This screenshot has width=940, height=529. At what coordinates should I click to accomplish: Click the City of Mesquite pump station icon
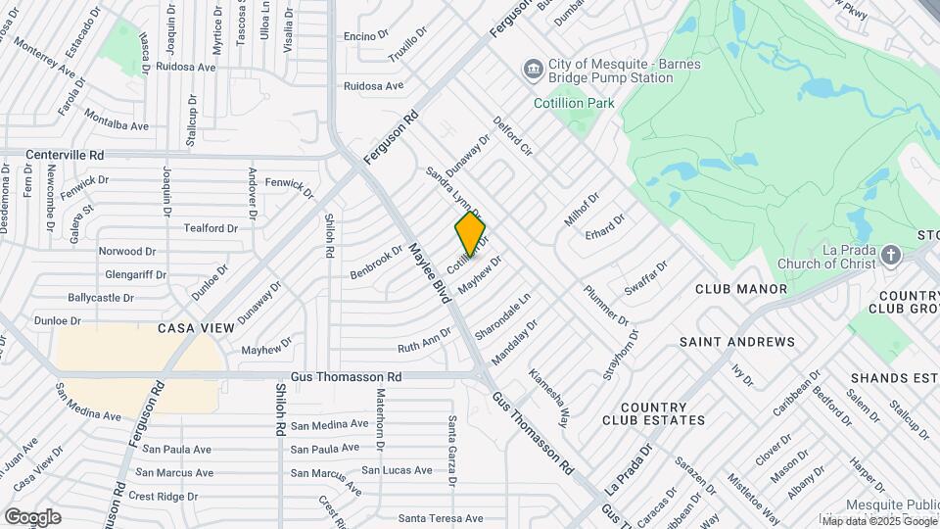pos(533,69)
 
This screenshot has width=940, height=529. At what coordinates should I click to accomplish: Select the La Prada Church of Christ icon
pos(890,256)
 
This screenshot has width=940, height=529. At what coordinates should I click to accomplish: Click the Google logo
pos(32,516)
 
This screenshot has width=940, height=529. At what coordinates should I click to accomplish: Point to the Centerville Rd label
pos(65,155)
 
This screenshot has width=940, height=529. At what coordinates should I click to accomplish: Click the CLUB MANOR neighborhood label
pos(741,289)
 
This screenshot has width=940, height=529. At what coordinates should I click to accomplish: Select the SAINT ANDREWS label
pos(737,342)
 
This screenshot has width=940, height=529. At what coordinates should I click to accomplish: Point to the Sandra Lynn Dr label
pos(452,193)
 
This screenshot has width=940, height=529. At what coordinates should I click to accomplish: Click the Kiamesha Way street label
pos(548,398)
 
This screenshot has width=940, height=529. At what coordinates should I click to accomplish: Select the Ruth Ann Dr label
pos(424,341)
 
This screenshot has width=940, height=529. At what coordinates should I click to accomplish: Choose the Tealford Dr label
pos(211,228)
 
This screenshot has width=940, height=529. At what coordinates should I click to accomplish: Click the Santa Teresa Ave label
pos(441,518)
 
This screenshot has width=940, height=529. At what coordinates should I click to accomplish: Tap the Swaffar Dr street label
pos(646,278)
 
